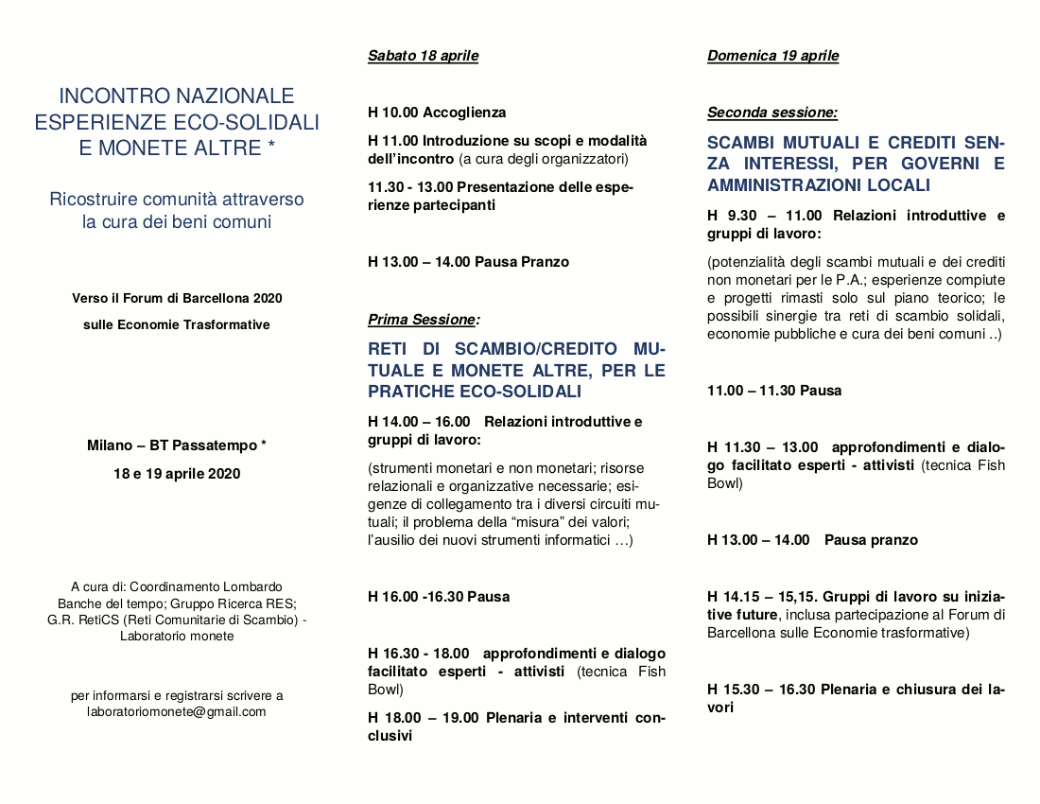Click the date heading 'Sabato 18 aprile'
coord(423,56)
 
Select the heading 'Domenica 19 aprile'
coord(772,56)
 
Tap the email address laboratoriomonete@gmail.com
coord(177,711)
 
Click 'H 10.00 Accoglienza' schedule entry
coord(437,113)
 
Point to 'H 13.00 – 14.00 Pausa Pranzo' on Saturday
coord(468,262)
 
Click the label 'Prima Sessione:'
coord(424,320)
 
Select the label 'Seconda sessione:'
coord(771,113)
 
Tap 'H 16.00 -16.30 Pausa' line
coord(439,597)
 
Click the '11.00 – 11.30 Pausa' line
coord(774,391)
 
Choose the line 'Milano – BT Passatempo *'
coord(177,446)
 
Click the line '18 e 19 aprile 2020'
coord(177,474)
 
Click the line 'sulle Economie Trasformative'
coord(177,324)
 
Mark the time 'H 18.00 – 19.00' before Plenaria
coord(424,718)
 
